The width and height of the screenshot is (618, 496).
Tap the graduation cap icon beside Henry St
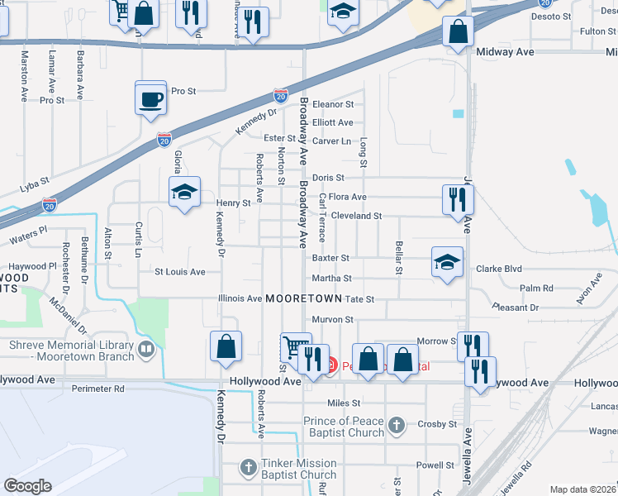(184, 193)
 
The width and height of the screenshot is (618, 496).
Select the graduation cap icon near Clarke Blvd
(447, 263)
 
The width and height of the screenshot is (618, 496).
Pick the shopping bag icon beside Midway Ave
(458, 32)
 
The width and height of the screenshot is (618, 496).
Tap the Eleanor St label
(333, 105)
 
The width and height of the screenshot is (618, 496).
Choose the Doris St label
(328, 178)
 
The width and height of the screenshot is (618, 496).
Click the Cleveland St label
(356, 216)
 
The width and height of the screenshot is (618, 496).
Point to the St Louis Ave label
(180, 271)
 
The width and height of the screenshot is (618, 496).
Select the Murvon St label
(333, 319)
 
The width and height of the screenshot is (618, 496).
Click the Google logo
(27, 486)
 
